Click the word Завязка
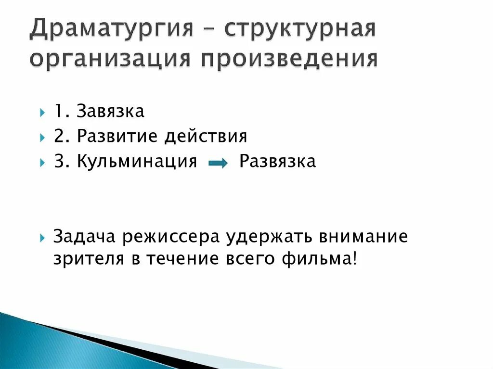click(110, 112)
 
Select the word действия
click(206, 137)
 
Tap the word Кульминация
click(137, 162)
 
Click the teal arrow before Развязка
click(218, 164)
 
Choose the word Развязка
click(277, 162)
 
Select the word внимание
click(362, 237)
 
